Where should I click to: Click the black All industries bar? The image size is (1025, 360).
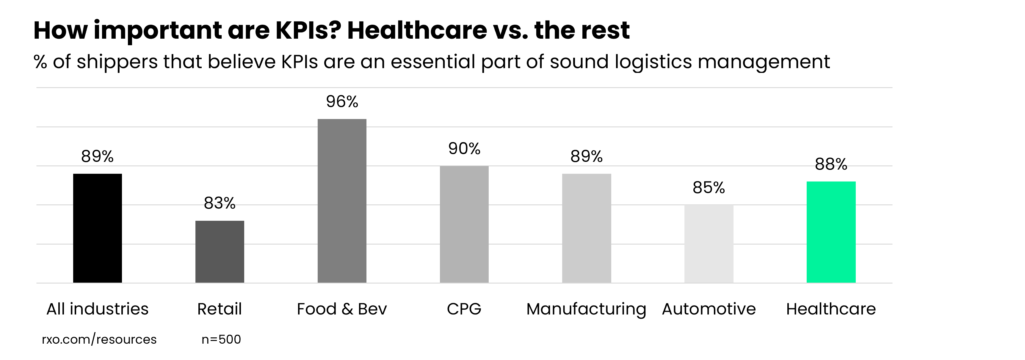(x=98, y=228)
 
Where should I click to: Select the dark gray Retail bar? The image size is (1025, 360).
(x=220, y=252)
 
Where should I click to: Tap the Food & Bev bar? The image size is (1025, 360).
(x=342, y=201)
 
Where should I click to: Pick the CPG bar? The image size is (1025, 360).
(x=464, y=224)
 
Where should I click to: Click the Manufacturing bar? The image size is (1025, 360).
(x=587, y=228)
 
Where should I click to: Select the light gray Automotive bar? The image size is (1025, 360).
(x=709, y=244)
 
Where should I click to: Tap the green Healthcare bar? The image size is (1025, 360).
(x=831, y=232)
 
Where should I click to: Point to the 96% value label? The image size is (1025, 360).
(x=342, y=102)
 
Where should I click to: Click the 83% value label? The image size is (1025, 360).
(x=220, y=203)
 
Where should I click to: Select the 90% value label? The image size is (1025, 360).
(x=464, y=149)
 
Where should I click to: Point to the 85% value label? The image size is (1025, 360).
(x=709, y=188)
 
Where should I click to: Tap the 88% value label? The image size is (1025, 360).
(x=831, y=164)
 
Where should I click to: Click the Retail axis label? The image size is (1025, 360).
(x=220, y=309)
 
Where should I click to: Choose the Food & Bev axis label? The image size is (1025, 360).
(x=342, y=309)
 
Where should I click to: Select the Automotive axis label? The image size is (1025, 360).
(x=709, y=309)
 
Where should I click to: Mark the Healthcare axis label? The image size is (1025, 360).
(x=831, y=309)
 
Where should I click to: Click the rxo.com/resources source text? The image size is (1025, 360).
(x=99, y=339)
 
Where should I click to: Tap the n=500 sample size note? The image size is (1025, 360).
(x=221, y=339)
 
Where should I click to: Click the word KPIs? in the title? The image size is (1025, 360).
(x=308, y=30)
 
